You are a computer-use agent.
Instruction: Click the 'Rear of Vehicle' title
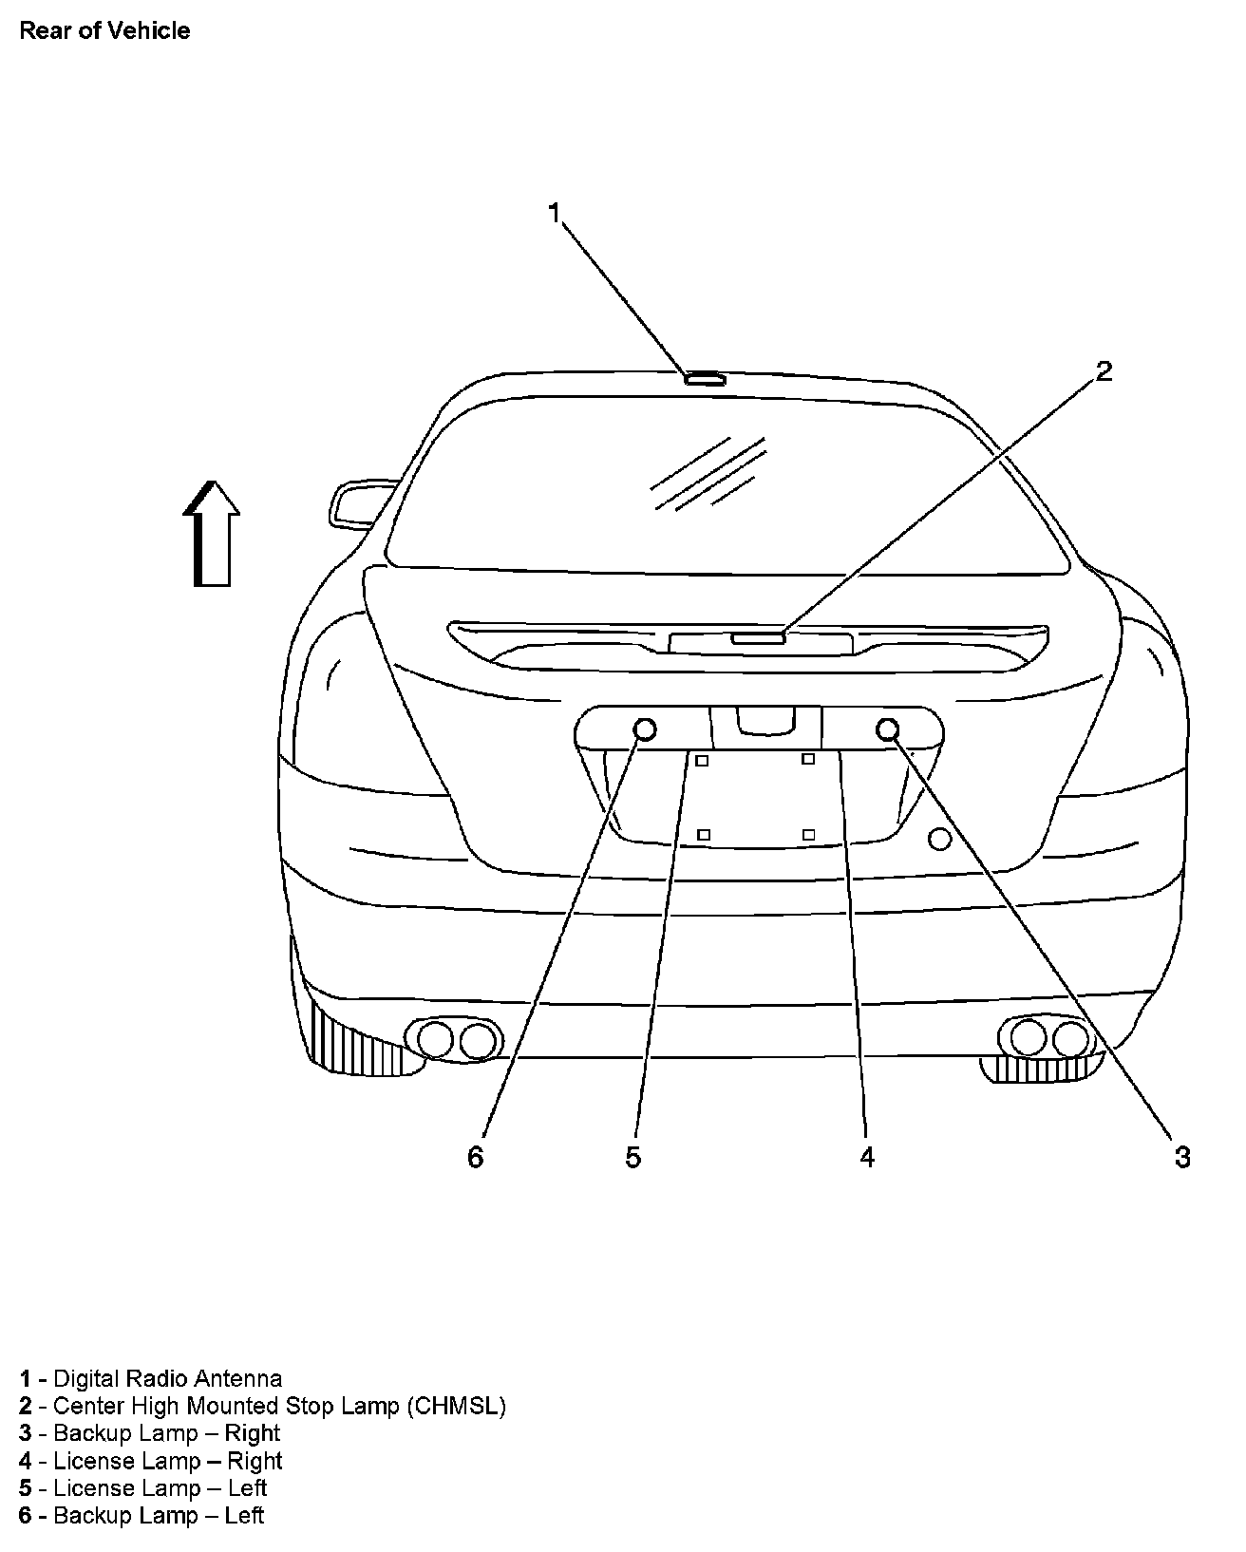click(x=104, y=30)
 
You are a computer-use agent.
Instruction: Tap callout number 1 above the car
click(x=556, y=213)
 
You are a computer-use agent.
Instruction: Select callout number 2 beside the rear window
click(x=1104, y=370)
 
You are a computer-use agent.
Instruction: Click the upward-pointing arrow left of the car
click(x=212, y=534)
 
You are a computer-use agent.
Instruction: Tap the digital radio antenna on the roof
click(x=705, y=379)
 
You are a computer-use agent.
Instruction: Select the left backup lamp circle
click(x=645, y=729)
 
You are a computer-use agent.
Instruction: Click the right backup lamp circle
click(x=889, y=729)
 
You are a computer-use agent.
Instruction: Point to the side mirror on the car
click(x=356, y=503)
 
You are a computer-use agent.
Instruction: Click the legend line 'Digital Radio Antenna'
click(x=151, y=1378)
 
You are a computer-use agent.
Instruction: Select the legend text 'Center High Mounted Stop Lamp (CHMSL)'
click(x=262, y=1406)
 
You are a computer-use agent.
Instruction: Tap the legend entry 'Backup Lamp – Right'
click(x=150, y=1433)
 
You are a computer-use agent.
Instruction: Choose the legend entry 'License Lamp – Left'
click(x=143, y=1487)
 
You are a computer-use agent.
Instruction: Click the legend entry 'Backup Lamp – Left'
click(x=142, y=1515)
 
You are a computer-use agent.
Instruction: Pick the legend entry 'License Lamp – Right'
click(x=151, y=1461)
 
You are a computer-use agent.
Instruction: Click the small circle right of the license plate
click(x=939, y=839)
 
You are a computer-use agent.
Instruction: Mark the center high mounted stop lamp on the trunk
click(x=758, y=638)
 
